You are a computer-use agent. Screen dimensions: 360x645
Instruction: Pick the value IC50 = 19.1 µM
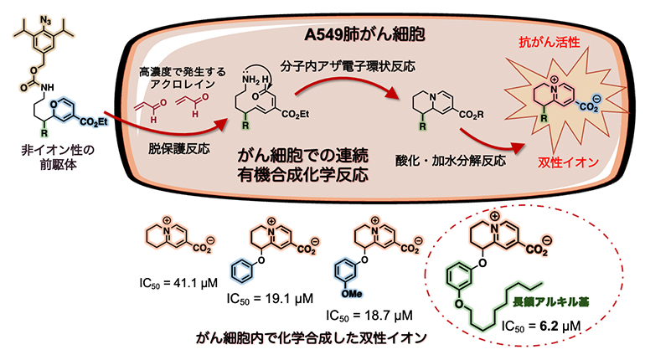pyautogui.click(x=271, y=297)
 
